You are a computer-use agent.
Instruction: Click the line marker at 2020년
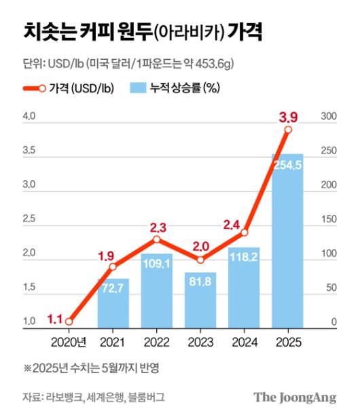tap(69, 322)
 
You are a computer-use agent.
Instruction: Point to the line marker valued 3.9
tap(288, 129)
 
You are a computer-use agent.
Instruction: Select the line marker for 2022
tap(156, 239)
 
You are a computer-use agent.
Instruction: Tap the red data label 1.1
tap(56, 317)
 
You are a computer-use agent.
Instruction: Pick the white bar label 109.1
tap(156, 264)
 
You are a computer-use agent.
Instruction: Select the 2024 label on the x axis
tap(244, 342)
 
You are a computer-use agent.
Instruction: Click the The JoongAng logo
tap(295, 398)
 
